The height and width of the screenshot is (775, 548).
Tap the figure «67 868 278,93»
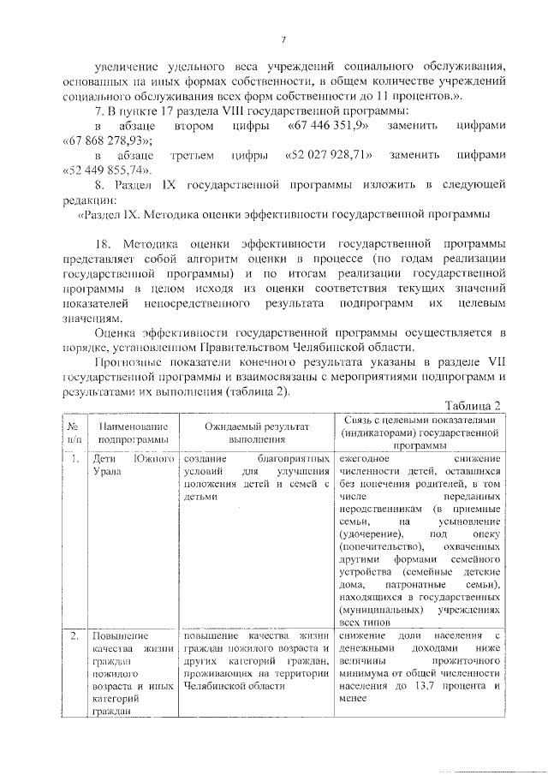coord(107,140)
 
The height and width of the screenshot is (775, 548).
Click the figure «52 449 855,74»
coord(107,170)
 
